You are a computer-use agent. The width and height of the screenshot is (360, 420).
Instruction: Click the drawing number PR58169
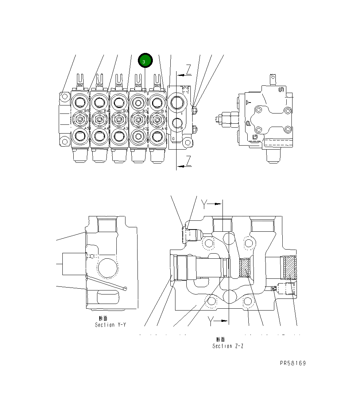(293, 363)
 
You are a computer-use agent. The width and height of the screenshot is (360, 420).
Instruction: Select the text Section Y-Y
(110, 324)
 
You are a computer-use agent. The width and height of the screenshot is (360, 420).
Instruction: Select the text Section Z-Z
(228, 346)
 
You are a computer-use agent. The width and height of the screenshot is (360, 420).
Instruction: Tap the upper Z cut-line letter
(188, 69)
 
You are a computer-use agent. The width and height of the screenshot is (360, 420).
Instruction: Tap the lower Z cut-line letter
(188, 161)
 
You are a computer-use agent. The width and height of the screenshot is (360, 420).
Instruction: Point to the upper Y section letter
(205, 204)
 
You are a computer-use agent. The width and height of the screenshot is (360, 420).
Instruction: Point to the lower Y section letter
(210, 321)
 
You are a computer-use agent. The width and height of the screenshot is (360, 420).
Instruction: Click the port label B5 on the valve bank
(87, 111)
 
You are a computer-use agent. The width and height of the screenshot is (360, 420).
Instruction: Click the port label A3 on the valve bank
(125, 128)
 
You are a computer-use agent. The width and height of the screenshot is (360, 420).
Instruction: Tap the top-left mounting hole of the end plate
(65, 97)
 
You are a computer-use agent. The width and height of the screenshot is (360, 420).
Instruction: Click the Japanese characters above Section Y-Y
(103, 319)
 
